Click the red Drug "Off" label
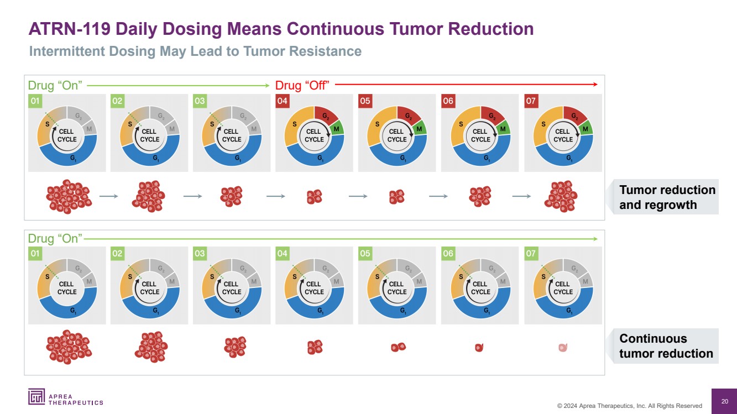[x=302, y=85]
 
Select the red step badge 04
[x=282, y=101]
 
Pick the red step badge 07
[x=531, y=101]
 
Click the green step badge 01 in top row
[x=35, y=101]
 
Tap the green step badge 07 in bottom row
[x=531, y=254]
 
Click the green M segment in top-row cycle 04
[x=337, y=129]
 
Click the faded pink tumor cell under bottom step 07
[x=563, y=348]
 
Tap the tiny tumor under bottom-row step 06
[x=479, y=348]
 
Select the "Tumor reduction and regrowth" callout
[x=666, y=197]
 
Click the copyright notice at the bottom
[x=629, y=406]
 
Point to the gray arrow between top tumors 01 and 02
[x=108, y=196]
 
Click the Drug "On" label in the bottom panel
[x=55, y=238]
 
